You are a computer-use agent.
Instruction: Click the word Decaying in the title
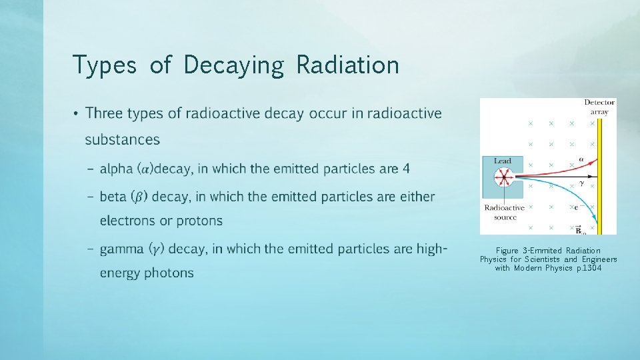[x=233, y=65]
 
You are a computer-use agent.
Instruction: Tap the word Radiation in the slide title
[x=347, y=65]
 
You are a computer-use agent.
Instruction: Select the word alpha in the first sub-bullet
[x=117, y=169]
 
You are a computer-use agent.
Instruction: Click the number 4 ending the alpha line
[x=406, y=169]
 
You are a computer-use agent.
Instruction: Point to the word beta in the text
[x=114, y=197]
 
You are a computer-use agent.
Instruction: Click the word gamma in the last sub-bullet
[x=122, y=249]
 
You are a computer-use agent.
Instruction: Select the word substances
[x=123, y=140]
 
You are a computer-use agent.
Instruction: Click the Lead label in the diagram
[x=503, y=161]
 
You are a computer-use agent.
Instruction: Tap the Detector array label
[x=599, y=107]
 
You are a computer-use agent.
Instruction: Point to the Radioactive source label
[x=505, y=212]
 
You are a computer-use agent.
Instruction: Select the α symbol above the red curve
[x=581, y=159]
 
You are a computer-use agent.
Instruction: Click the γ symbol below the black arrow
[x=581, y=183]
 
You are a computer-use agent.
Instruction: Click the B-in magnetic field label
[x=579, y=229]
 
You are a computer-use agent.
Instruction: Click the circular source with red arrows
[x=504, y=178]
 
